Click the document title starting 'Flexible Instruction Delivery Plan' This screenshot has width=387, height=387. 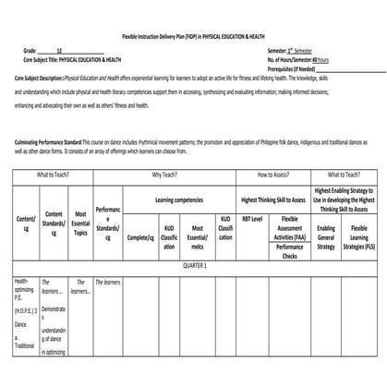(193, 35)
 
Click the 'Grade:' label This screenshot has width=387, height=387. (30, 50)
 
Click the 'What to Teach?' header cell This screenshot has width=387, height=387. (59, 174)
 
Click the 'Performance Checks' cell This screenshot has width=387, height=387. (288, 252)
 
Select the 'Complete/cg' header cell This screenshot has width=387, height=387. (139, 236)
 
